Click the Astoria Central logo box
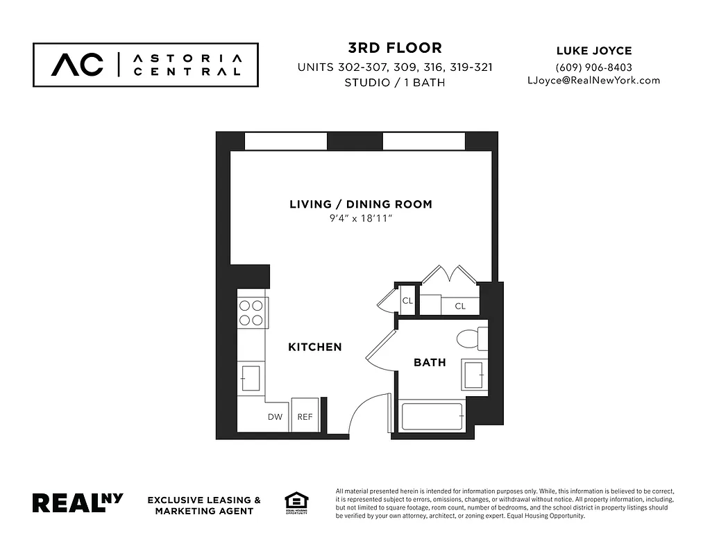coord(146,65)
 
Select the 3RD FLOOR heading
coord(394,48)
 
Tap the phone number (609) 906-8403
coord(593,67)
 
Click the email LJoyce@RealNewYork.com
coord(593,80)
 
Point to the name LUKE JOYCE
coord(593,51)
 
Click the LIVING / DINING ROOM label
coord(360,204)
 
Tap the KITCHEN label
coord(314,347)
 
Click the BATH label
coord(430,362)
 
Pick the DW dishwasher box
coord(275,416)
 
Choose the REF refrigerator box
coord(305,416)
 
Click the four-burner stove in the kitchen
coord(251,312)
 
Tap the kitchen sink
coord(250,379)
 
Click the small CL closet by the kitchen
coord(407,301)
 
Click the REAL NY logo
coord(78,502)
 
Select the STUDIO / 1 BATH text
coord(394,83)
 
